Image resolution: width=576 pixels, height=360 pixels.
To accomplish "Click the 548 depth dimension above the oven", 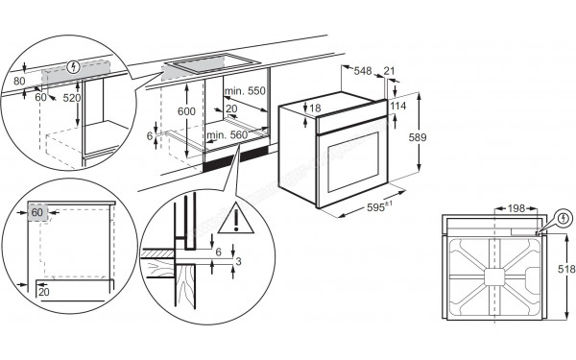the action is click(363, 70).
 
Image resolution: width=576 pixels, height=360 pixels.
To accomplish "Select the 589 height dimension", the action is click(418, 137).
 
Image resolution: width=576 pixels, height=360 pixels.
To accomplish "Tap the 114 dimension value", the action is click(397, 106).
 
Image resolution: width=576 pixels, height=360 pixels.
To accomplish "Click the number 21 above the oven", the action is click(389, 71).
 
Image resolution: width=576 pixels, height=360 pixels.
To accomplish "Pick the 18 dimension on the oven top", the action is click(315, 108).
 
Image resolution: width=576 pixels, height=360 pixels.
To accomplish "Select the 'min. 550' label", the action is click(245, 91).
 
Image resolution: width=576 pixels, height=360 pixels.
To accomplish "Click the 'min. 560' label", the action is click(227, 135).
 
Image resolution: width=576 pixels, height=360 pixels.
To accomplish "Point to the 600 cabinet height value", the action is click(186, 111).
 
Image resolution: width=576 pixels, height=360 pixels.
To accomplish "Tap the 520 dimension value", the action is click(72, 98).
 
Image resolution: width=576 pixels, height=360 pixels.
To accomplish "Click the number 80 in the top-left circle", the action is click(19, 81).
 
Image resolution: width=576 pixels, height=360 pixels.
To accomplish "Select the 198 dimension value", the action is click(516, 208).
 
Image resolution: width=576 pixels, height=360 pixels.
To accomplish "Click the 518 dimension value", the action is click(566, 269).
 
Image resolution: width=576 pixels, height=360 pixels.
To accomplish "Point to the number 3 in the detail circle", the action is click(238, 261).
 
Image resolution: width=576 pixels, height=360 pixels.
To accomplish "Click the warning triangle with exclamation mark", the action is click(236, 218).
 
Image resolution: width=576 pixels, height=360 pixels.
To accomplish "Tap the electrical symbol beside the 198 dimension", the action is click(564, 219).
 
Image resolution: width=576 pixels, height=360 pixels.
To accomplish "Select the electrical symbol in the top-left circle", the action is click(74, 66).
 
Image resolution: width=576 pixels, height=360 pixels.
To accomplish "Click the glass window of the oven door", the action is click(353, 162).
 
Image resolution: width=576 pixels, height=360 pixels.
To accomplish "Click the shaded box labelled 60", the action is click(37, 212).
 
